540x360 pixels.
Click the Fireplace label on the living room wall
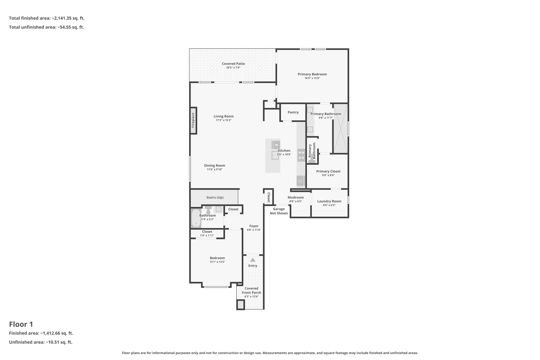[193, 120]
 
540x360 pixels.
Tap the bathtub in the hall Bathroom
[196, 218]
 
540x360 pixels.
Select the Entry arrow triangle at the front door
[253, 260]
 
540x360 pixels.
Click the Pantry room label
[293, 112]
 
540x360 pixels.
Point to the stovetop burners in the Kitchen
[301, 155]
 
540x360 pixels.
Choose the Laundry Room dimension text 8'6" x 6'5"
[329, 205]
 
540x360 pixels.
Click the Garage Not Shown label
[279, 211]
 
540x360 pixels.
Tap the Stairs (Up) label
[215, 198]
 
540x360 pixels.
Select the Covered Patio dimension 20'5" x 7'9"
[233, 68]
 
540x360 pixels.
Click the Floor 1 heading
[21, 324]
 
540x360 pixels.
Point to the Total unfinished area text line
[46, 27]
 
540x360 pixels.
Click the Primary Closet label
[328, 171]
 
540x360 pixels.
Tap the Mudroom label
[296, 198]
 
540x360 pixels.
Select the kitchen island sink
[275, 155]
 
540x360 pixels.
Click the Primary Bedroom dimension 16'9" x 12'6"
[312, 78]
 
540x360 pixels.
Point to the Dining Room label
[215, 166]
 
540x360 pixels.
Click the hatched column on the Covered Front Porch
[240, 305]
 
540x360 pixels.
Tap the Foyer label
[254, 226]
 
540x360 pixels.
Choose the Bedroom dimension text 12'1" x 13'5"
[217, 262]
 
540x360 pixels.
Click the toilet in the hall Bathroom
[208, 210]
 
